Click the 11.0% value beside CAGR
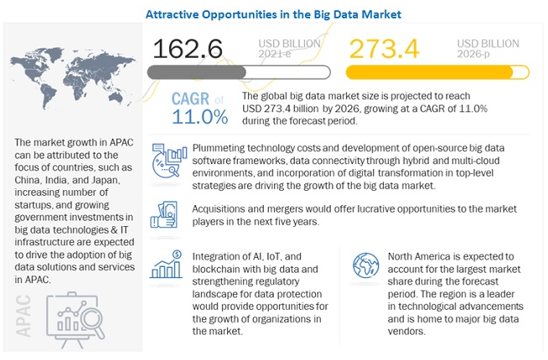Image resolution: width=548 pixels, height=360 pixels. [199, 116]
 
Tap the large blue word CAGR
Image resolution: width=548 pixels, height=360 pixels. [191, 97]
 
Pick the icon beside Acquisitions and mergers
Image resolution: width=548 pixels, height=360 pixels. [168, 213]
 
